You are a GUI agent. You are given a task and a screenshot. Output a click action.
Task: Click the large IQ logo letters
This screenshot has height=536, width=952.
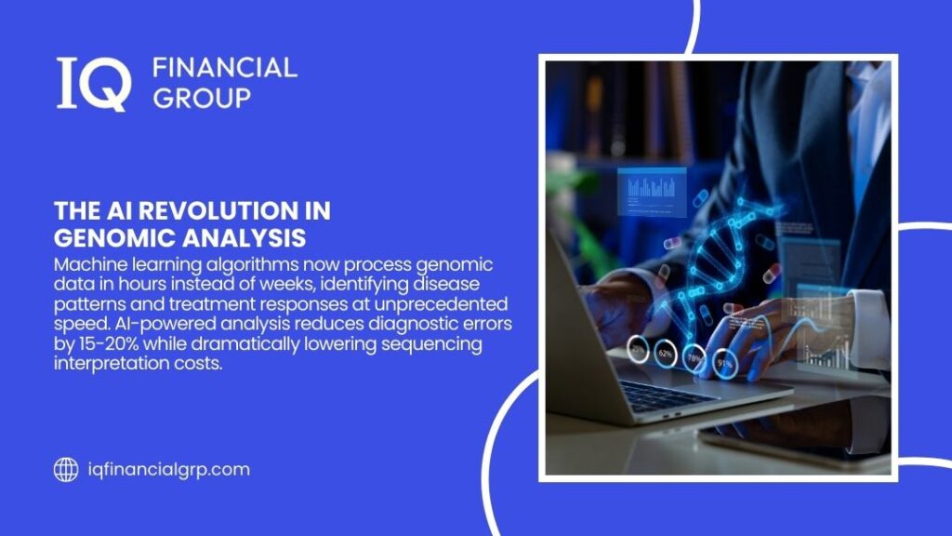tap(92, 84)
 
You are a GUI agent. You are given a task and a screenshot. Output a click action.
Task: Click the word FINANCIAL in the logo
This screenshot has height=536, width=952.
tap(224, 67)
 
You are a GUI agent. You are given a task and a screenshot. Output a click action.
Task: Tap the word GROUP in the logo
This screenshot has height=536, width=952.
tap(202, 97)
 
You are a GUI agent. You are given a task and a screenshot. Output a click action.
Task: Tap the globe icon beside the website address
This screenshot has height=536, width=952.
tap(66, 470)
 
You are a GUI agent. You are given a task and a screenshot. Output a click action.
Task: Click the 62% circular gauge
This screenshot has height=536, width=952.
tap(665, 353)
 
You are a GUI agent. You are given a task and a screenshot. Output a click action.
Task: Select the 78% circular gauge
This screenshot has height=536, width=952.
tap(694, 358)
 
